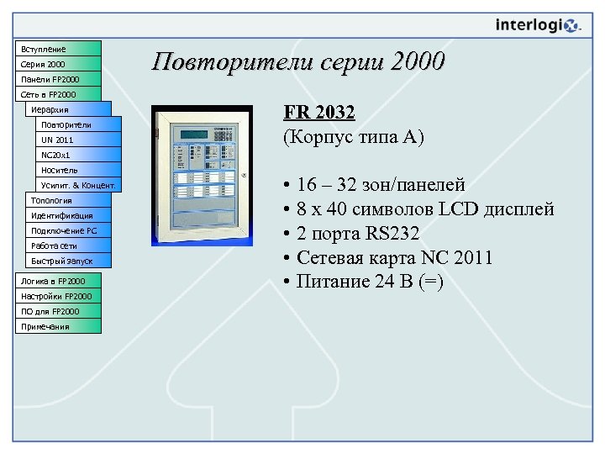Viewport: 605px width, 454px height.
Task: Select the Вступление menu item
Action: (58, 49)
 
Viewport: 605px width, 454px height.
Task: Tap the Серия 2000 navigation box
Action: (58, 64)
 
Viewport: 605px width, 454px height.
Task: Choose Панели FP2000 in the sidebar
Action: (58, 79)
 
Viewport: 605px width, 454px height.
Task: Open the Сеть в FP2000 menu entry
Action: (58, 94)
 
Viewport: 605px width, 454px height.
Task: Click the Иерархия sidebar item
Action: (68, 109)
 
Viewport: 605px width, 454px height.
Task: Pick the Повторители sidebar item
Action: (76, 124)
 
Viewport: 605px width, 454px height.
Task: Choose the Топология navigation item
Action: (68, 200)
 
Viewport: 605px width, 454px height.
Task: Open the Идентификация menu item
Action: (68, 215)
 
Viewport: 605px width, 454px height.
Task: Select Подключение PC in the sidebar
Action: (68, 230)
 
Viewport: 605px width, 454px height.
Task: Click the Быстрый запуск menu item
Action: (68, 261)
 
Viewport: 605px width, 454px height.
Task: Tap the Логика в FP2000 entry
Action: (58, 281)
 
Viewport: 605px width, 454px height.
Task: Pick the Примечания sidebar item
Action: (58, 326)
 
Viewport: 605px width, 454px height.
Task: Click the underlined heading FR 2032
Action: (319, 113)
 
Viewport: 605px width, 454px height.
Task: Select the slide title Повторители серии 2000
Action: (298, 61)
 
